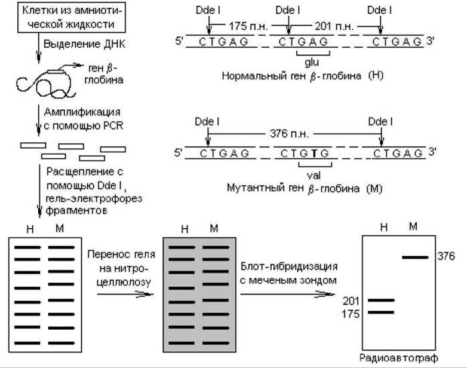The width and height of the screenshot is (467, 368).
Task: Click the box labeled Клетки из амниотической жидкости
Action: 72,17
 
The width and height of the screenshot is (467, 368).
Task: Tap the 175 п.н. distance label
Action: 248,26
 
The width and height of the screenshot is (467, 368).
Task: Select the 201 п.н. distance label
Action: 334,26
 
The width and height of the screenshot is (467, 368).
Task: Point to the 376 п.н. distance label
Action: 289,133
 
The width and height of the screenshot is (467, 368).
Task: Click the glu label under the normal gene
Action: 312,63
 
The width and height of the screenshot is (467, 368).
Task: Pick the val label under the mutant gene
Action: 314,175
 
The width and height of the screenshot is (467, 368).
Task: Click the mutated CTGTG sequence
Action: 305,153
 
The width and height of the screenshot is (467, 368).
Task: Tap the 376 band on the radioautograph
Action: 415,257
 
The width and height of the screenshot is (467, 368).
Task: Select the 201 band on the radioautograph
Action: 381,300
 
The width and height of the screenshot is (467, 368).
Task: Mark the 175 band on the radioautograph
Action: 381,312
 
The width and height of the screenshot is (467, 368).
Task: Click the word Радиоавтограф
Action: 399,358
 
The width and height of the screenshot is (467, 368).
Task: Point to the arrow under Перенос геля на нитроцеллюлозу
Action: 125,295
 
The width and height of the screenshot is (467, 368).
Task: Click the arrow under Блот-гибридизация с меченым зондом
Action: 287,295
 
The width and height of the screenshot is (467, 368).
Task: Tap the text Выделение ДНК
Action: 84,44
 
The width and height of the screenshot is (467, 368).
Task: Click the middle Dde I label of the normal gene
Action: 288,10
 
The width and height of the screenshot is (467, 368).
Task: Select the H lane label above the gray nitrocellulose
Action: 185,229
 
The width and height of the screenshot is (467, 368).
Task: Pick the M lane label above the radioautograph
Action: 413,227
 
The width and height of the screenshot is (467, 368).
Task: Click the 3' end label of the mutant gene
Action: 432,152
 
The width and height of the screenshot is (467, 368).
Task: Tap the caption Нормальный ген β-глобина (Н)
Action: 302,76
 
